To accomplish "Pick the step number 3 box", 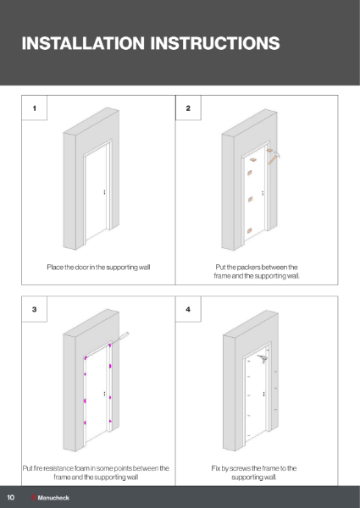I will coord(34,311).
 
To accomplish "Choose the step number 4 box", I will coord(188,311).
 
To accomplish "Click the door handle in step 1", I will coord(103,193).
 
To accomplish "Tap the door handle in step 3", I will coord(103,395).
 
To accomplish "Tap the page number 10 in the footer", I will coord(11,497).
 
